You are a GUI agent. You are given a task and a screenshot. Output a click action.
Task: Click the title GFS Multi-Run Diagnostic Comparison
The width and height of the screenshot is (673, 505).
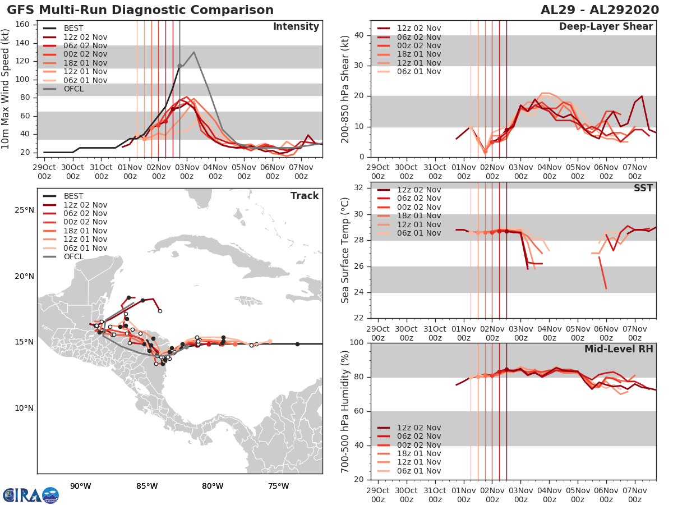[x=140, y=10]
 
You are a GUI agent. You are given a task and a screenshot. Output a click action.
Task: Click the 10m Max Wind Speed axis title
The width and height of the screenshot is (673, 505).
[x=6, y=90]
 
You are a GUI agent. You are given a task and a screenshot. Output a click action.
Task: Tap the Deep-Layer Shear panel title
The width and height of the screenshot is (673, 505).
[x=606, y=27]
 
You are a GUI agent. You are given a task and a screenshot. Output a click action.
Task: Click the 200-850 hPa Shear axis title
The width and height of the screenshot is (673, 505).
[x=346, y=90]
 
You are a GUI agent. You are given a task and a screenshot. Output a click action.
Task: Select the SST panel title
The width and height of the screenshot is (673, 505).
[x=643, y=188]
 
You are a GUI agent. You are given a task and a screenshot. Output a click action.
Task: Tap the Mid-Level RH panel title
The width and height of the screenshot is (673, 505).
[x=619, y=349]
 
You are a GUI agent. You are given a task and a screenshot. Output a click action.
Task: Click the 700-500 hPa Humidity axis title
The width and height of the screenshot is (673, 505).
[x=346, y=411]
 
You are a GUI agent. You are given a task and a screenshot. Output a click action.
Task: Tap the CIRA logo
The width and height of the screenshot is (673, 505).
[x=30, y=495]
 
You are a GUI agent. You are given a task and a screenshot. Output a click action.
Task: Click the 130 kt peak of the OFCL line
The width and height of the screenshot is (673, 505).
[x=193, y=52]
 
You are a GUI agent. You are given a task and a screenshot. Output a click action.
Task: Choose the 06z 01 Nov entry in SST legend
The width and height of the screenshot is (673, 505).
[x=417, y=233]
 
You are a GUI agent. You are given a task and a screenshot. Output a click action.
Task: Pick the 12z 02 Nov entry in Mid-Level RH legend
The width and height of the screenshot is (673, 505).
[x=417, y=428]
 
